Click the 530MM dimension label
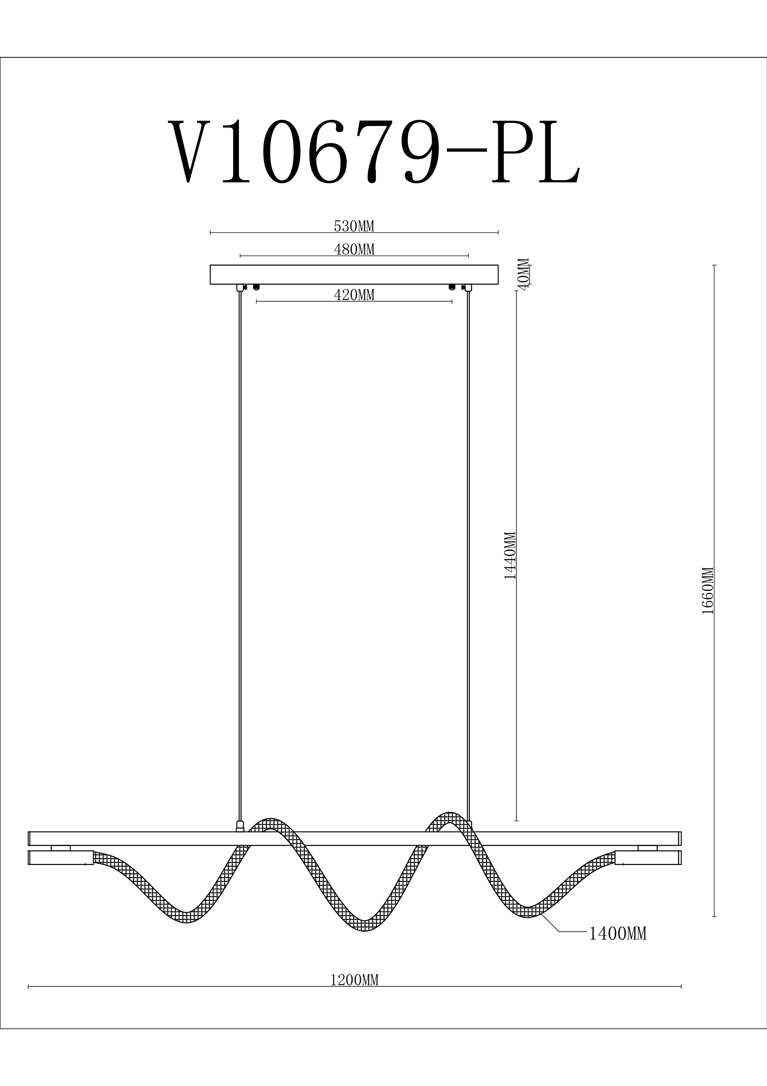354,227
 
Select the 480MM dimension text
354,249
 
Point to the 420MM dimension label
354,295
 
